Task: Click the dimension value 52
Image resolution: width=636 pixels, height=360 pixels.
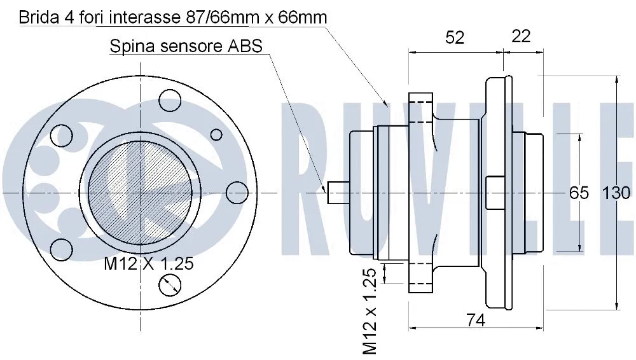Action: tap(455, 38)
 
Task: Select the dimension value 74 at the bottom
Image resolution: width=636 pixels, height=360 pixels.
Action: tap(475, 321)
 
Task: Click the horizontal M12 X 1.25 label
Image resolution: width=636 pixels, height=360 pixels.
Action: tap(148, 263)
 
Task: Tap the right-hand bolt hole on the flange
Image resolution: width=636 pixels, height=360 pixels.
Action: tap(237, 193)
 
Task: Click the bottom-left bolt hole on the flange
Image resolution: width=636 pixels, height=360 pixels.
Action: tap(62, 249)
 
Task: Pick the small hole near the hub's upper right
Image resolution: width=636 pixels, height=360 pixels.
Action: tap(216, 135)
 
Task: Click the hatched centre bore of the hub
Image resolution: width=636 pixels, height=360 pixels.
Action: tap(139, 191)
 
